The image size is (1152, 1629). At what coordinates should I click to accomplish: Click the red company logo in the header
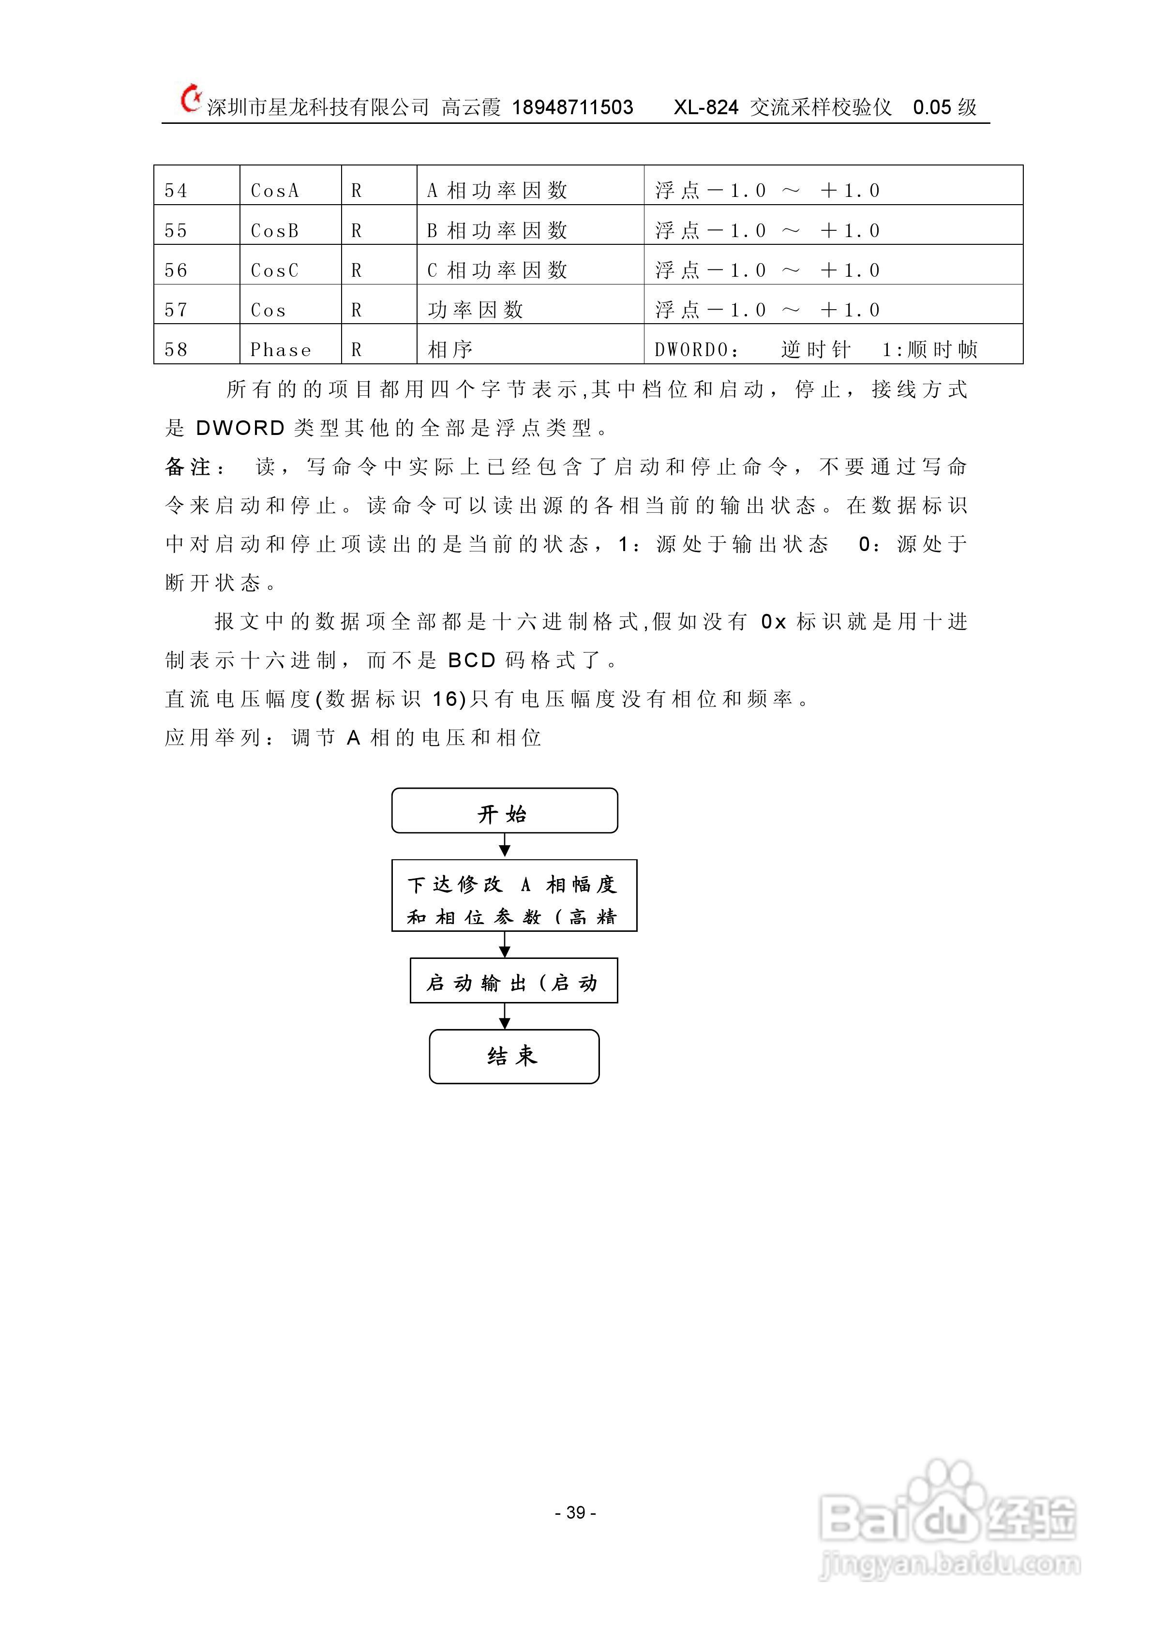(189, 99)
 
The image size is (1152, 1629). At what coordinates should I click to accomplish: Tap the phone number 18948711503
(572, 108)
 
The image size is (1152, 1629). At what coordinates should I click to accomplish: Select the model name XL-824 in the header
(706, 108)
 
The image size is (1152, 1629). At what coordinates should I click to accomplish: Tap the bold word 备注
(189, 467)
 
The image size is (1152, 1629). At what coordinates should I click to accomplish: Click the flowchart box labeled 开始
(504, 811)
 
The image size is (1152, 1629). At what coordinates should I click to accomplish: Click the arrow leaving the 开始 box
(504, 846)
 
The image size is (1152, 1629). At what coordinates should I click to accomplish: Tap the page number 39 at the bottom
(575, 1512)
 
